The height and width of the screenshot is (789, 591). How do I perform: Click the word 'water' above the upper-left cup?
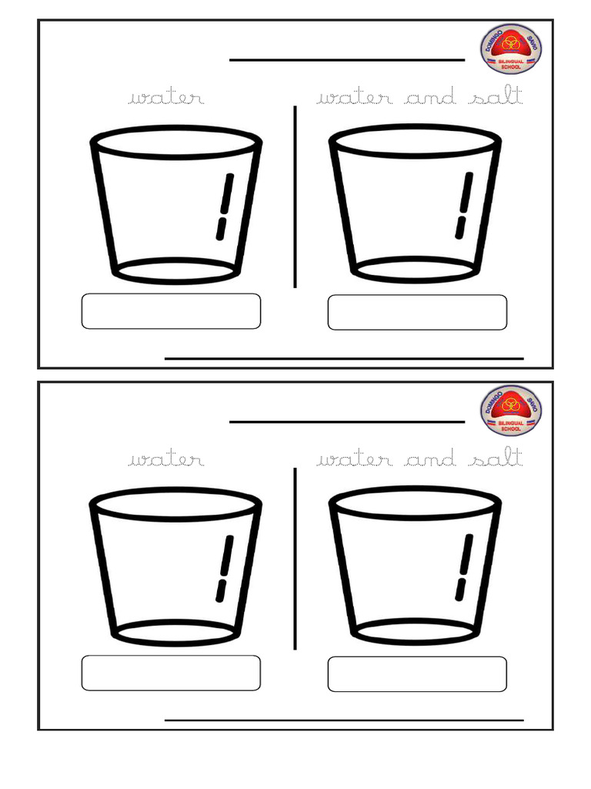tap(167, 98)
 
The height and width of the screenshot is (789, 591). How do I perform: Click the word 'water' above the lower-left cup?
tap(167, 460)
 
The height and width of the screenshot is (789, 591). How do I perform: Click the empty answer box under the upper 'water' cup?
tap(171, 311)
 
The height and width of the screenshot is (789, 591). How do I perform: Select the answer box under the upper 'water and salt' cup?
tap(417, 312)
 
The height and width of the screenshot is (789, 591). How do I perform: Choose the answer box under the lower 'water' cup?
tap(171, 673)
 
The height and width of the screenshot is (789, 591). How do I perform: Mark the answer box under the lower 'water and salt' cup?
tap(417, 674)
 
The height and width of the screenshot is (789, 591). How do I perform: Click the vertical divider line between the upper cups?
tap(295, 196)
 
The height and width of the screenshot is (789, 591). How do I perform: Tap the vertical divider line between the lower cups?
tap(295, 559)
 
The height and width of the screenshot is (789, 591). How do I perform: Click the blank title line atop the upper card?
tap(347, 60)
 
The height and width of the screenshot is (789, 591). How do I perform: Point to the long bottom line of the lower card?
tap(344, 720)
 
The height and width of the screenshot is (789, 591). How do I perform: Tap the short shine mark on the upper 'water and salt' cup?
tap(460, 227)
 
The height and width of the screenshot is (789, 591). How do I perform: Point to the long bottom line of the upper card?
tap(344, 358)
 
